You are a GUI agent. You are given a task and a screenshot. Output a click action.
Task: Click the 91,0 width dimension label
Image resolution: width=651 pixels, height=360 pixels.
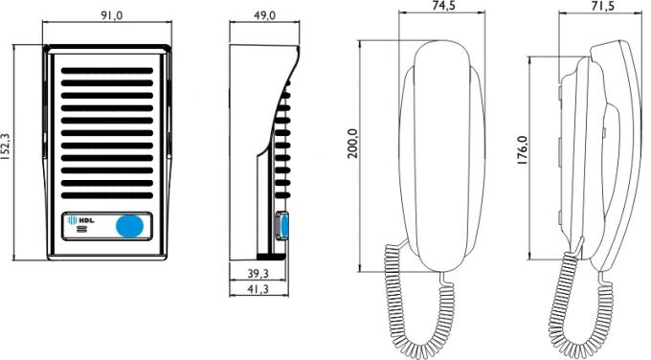111,15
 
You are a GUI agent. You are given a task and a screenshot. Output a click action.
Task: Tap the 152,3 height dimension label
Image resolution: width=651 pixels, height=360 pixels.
7,147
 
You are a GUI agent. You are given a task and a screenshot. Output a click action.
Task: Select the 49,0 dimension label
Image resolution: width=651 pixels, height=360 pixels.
264,15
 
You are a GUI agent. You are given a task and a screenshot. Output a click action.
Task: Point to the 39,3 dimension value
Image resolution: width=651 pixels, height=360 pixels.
258,273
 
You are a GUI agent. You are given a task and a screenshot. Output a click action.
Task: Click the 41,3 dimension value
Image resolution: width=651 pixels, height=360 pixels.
258,289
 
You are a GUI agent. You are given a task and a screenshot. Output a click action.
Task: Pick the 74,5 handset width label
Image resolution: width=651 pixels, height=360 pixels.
443,6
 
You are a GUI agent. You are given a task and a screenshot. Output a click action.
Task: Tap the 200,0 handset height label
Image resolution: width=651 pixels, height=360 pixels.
352,144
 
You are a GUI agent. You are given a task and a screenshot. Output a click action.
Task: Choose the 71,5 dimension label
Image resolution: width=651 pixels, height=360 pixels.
603,6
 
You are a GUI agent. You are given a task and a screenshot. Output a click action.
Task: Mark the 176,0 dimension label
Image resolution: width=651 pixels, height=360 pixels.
522,150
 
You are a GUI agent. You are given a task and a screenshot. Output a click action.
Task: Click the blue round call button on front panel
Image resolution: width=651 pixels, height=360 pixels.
129,226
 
